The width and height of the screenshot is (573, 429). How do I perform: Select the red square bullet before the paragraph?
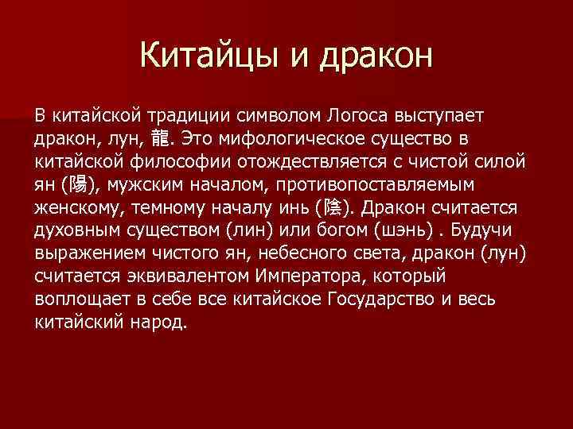(x=21, y=117)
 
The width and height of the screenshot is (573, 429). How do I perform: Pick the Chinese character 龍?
(x=159, y=140)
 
